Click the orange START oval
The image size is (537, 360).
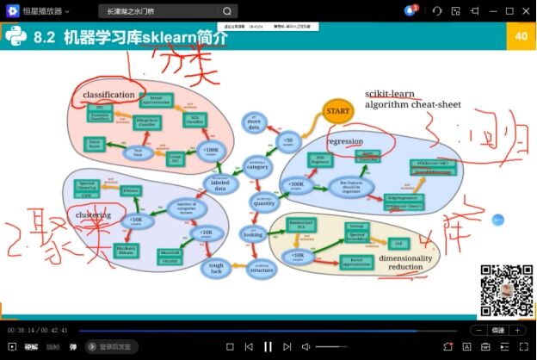(x=337, y=110)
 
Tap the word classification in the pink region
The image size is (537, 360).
(x=108, y=94)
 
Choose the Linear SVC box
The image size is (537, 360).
(x=175, y=158)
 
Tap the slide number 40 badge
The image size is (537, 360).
(x=521, y=36)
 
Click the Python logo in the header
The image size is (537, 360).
(x=16, y=37)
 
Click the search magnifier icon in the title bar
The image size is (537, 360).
(x=226, y=11)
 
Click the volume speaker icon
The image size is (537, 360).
(x=306, y=346)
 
